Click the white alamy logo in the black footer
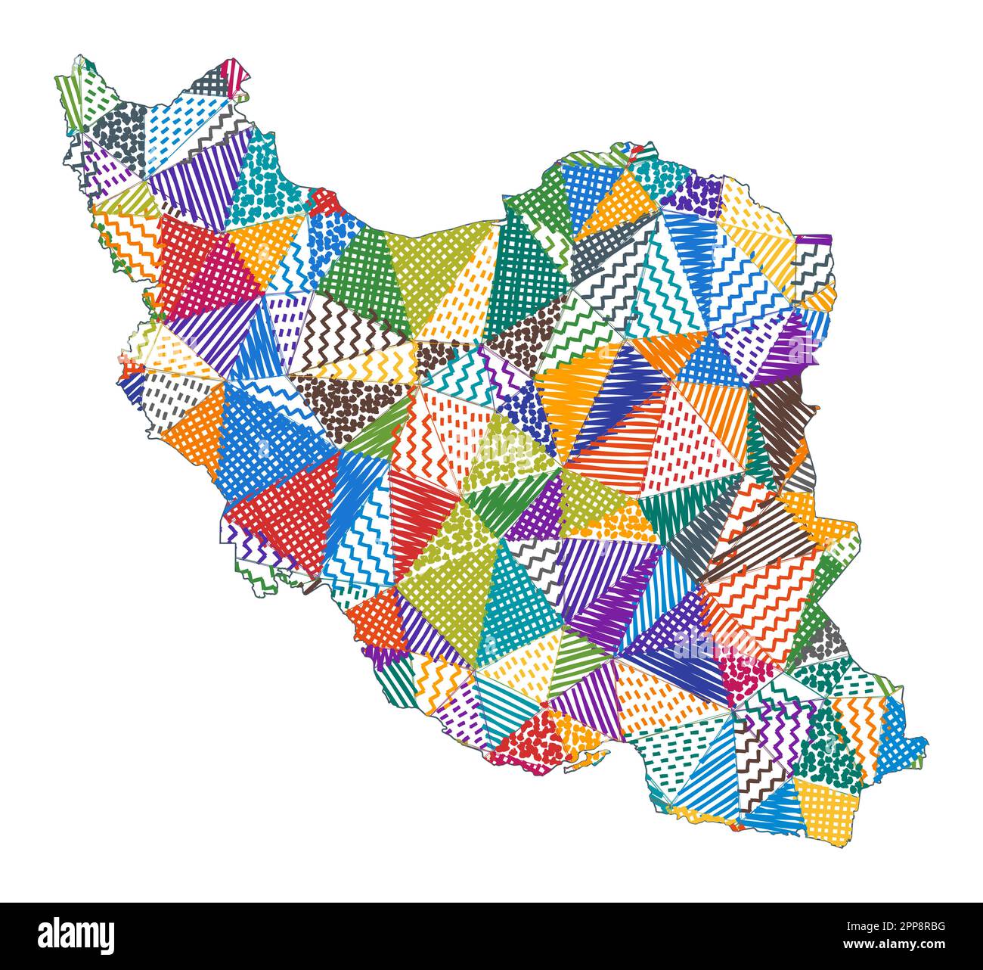click(76, 935)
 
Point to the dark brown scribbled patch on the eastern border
click(779, 412)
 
